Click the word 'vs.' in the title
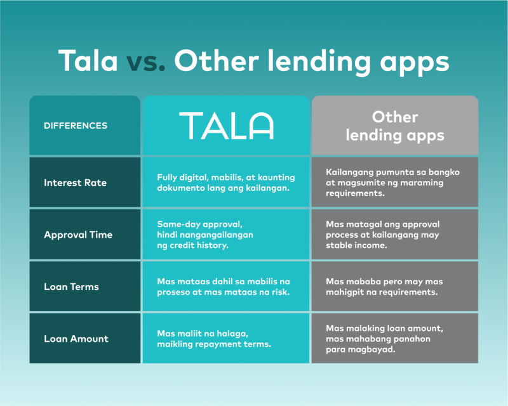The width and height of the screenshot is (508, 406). click(x=146, y=62)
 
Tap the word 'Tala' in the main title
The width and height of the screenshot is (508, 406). click(x=88, y=60)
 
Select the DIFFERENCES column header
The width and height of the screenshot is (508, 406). click(x=85, y=126)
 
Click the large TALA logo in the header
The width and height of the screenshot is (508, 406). click(x=226, y=126)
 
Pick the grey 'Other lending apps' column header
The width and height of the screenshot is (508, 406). click(x=395, y=126)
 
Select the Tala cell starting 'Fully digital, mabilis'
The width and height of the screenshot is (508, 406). click(x=226, y=182)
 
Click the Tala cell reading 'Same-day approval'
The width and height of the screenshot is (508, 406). click(x=226, y=235)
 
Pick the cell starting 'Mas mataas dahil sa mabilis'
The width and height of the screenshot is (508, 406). click(x=226, y=287)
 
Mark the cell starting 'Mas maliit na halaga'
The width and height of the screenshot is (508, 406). click(x=226, y=338)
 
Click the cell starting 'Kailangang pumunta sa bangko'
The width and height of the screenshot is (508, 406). click(x=395, y=182)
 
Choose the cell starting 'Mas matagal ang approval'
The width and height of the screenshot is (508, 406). click(x=395, y=235)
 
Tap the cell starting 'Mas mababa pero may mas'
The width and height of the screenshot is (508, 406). click(x=395, y=287)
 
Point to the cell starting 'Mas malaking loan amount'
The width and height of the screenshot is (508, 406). click(x=395, y=338)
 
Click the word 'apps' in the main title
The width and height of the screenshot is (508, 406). click(x=415, y=63)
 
